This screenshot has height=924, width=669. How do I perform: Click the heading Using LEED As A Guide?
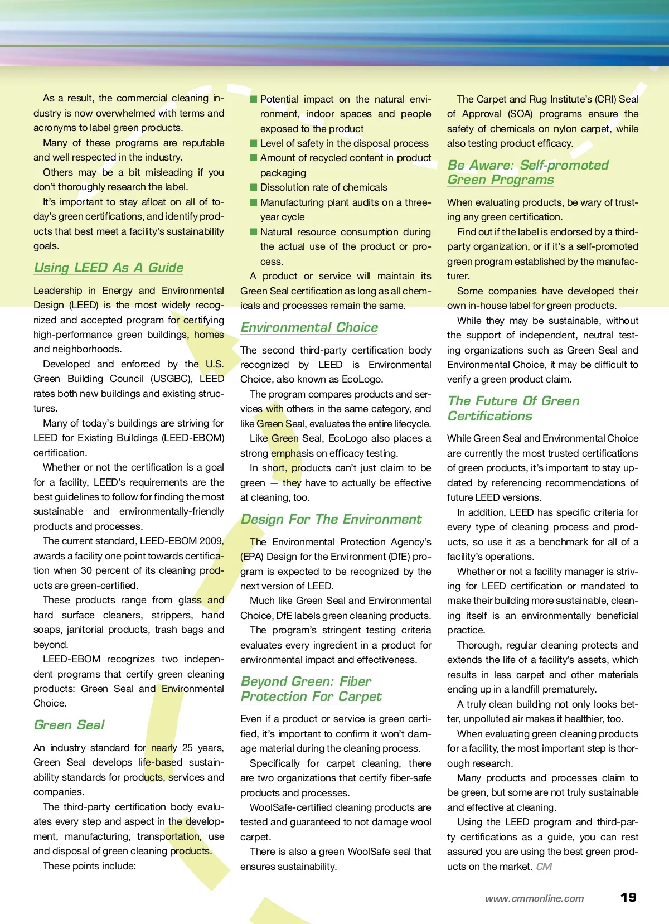click(109, 268)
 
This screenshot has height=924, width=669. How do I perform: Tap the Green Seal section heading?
click(69, 725)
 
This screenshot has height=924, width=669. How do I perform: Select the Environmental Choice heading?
click(309, 327)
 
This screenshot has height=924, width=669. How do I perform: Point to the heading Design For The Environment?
click(331, 519)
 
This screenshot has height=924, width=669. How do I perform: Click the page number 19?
click(628, 897)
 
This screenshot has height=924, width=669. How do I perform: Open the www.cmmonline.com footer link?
click(534, 898)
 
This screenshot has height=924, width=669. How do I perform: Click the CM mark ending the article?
click(544, 867)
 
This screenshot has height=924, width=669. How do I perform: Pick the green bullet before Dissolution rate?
click(254, 187)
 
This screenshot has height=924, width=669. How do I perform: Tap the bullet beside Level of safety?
click(254, 143)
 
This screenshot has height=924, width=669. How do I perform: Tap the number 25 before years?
click(187, 748)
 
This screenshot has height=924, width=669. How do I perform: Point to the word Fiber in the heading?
click(355, 681)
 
